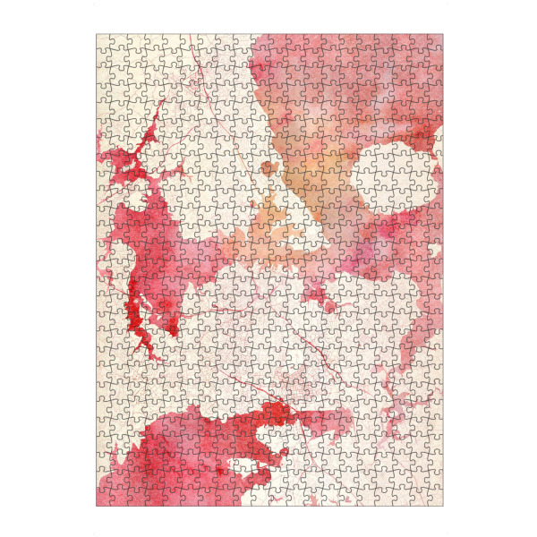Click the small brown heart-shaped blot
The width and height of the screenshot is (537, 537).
[x=268, y=169]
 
